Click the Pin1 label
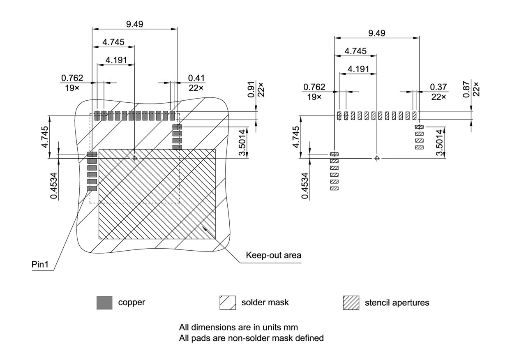[40, 264]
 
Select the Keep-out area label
[273, 255]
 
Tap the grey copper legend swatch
[104, 302]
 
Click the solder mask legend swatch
[228, 302]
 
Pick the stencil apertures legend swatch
[351, 302]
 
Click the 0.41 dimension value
[196, 78]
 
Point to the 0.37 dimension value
[438, 87]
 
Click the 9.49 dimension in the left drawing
[134, 24]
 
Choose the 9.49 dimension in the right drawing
[377, 33]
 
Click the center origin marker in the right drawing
[377, 158]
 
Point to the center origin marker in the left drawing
[134, 158]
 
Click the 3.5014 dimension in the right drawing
[440, 143]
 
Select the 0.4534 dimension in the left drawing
[54, 186]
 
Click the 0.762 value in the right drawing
[314, 87]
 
